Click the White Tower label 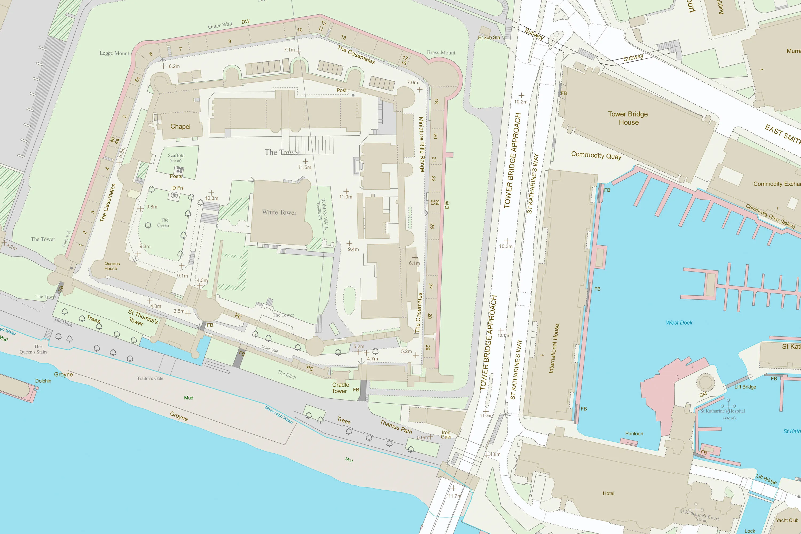pyautogui.click(x=279, y=212)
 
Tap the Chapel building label pyautogui.click(x=180, y=126)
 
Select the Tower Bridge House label pyautogui.click(x=628, y=118)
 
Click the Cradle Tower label pyautogui.click(x=340, y=388)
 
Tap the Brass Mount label pyautogui.click(x=441, y=52)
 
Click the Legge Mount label pyautogui.click(x=114, y=53)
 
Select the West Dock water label pyautogui.click(x=679, y=323)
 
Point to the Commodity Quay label pyautogui.click(x=596, y=155)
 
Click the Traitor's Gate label pyautogui.click(x=150, y=378)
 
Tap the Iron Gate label pyautogui.click(x=446, y=435)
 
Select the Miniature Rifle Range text pyautogui.click(x=421, y=144)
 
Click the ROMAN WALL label pyautogui.click(x=325, y=214)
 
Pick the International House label pyautogui.click(x=554, y=348)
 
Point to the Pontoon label pyautogui.click(x=634, y=434)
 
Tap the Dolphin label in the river pyautogui.click(x=43, y=381)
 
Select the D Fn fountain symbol pyautogui.click(x=174, y=195)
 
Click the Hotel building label pyautogui.click(x=608, y=493)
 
